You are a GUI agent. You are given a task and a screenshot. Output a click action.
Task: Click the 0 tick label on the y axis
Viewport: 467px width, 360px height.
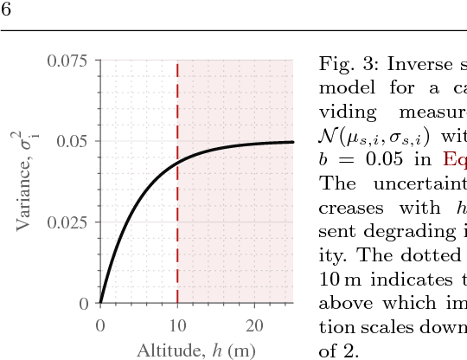coord(84,304)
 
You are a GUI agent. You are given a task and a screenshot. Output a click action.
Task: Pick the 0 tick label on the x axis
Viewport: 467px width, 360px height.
coord(100,325)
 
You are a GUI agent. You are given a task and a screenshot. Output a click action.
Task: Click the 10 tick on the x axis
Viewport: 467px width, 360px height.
coord(177,325)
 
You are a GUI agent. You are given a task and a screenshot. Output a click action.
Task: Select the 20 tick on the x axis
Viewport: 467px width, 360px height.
coord(254,325)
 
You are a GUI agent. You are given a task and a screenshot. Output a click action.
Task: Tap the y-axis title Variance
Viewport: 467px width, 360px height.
coord(26,182)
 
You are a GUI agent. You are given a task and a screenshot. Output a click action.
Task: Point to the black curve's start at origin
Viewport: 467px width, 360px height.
coord(100,303)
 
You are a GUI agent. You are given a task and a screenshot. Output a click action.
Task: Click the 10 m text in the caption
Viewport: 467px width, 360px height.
coord(334,280)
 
